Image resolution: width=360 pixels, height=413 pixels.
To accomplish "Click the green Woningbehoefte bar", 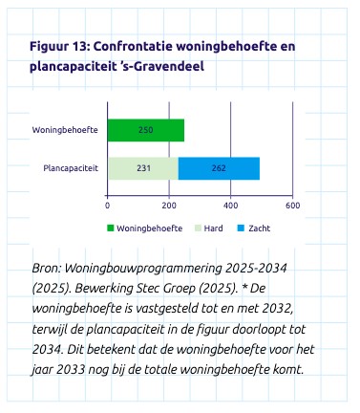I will click(145, 130).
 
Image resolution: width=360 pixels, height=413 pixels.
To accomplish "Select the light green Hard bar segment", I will click(142, 168).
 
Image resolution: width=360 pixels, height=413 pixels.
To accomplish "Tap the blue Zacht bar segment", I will click(219, 168).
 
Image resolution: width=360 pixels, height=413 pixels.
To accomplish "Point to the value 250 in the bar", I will click(145, 130).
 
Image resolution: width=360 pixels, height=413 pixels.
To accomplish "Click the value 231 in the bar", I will click(142, 168).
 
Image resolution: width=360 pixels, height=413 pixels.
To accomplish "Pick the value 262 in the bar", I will click(219, 168).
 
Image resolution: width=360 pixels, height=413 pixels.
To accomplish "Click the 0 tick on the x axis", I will click(107, 206).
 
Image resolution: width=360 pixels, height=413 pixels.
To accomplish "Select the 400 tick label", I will click(230, 206).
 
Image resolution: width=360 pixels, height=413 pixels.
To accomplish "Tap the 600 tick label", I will click(292, 206).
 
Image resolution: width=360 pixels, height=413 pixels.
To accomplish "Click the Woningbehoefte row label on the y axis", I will click(66, 130).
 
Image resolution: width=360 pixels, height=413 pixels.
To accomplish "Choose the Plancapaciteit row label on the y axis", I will click(71, 168).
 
